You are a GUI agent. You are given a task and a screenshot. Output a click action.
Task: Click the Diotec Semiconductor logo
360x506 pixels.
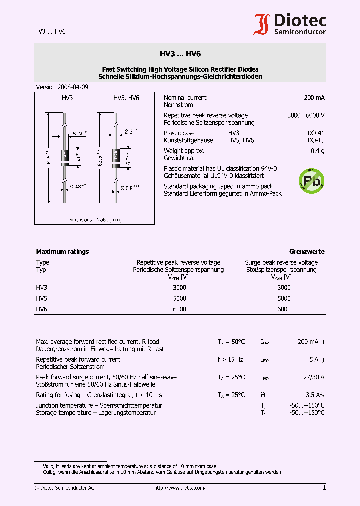[290, 24]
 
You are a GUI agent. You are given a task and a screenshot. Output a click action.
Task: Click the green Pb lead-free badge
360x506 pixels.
[311, 179]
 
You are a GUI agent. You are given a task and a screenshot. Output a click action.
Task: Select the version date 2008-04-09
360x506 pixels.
[62, 87]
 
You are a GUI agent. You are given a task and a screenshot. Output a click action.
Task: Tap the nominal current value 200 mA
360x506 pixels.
[314, 98]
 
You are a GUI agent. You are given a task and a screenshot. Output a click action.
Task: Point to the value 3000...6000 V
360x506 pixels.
[306, 115]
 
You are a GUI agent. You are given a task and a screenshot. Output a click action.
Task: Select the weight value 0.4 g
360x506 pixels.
[317, 151]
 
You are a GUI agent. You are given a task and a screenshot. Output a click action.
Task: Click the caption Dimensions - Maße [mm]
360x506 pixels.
[94, 220]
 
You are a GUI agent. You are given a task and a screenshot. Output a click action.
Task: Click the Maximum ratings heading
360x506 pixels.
[62, 252]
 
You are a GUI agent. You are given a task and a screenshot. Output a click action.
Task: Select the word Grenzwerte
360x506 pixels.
[307, 252]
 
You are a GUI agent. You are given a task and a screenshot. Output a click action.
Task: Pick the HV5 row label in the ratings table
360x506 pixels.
[42, 298]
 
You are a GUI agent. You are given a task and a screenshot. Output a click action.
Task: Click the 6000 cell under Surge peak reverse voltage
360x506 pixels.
[283, 309]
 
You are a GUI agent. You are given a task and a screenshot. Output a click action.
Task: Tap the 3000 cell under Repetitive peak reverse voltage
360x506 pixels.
[179, 288]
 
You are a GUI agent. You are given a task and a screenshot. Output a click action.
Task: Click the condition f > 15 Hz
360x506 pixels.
[230, 359]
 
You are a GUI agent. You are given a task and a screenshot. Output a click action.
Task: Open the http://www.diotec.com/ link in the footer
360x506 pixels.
[180, 488]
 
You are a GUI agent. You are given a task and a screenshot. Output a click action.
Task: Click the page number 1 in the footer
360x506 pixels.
[324, 488]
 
